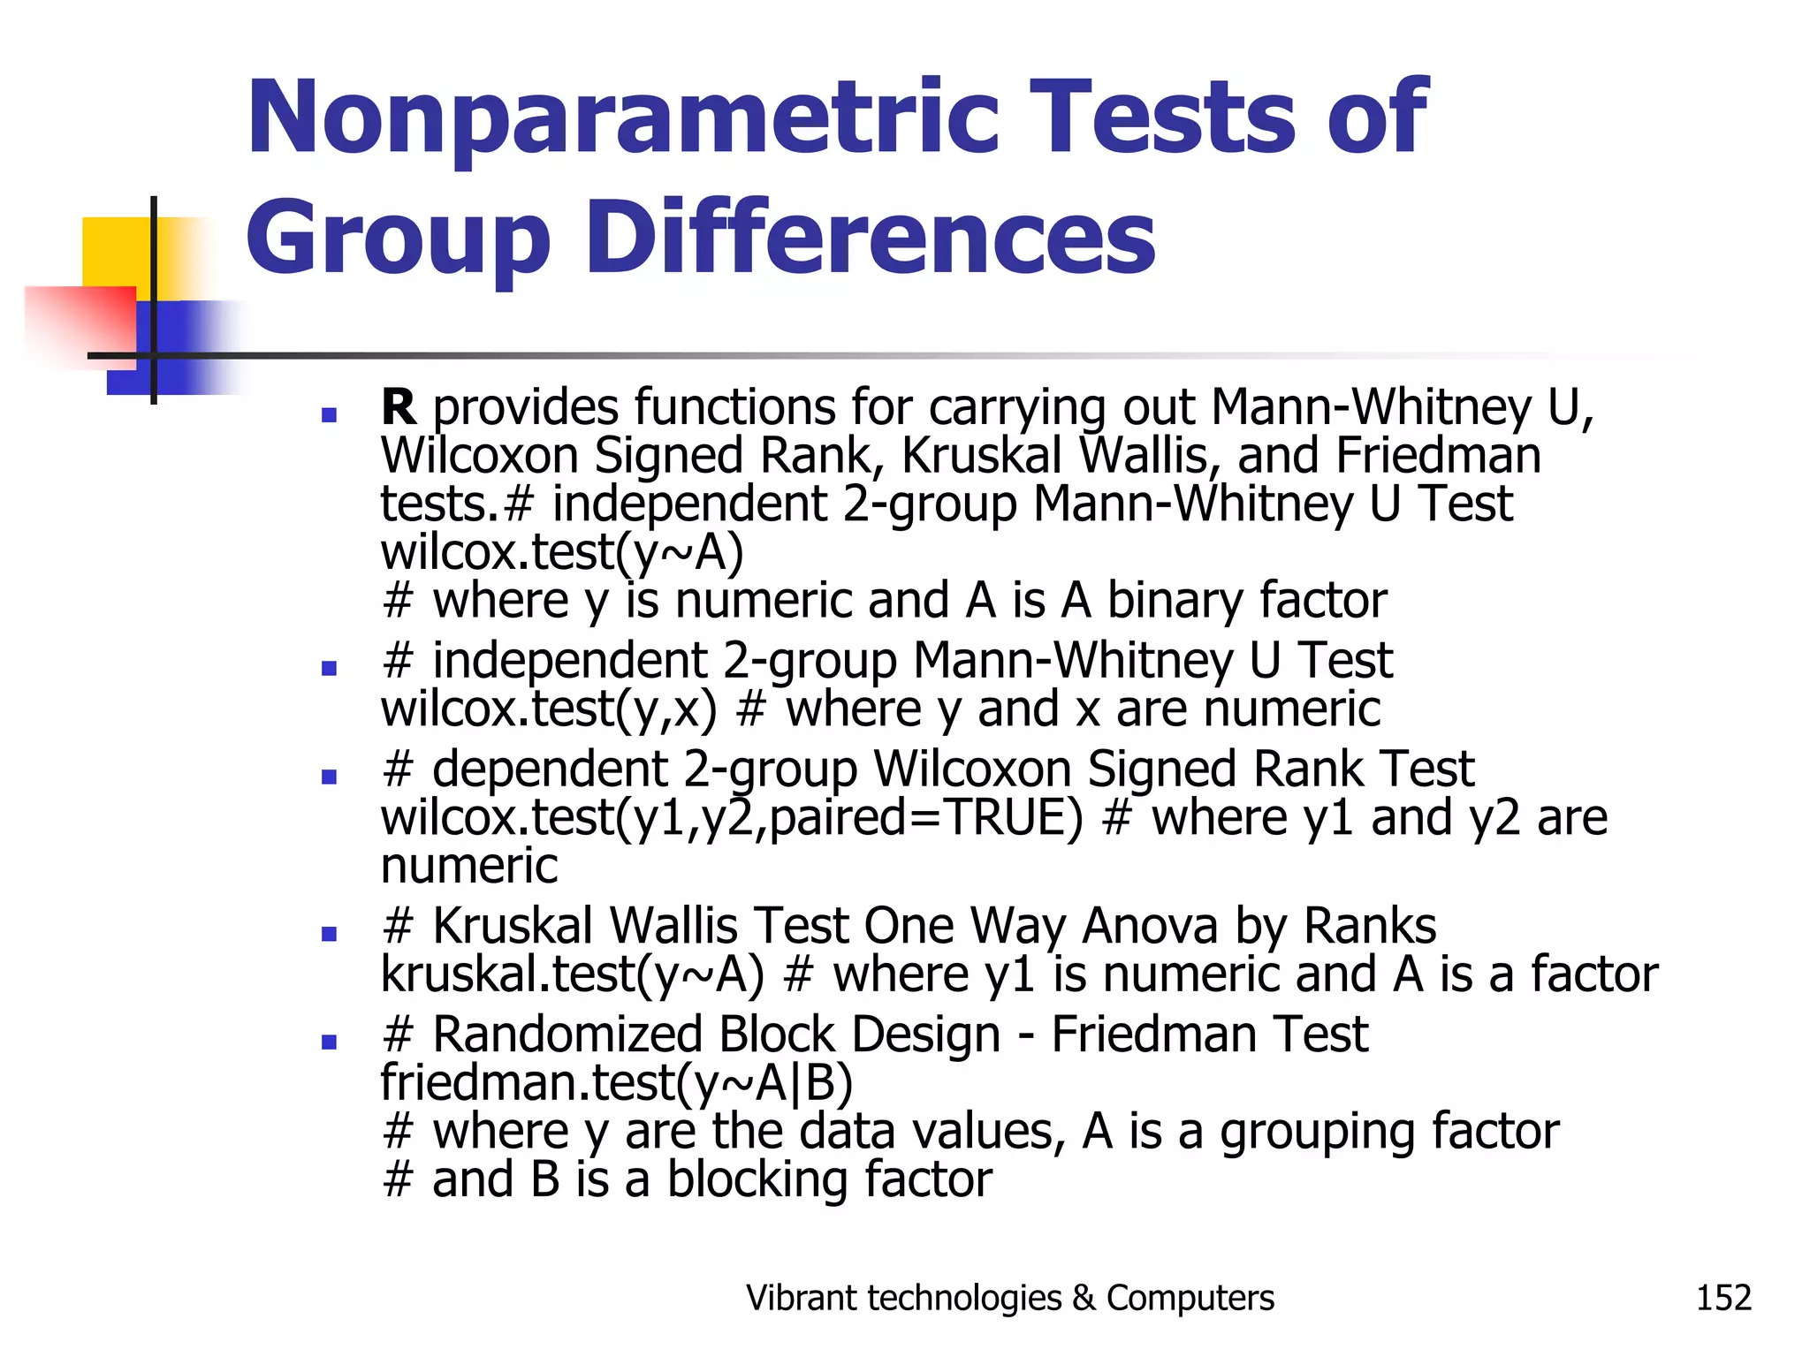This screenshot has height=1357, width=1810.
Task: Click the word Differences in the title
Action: tap(870, 237)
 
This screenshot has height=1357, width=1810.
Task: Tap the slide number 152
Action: tap(1723, 1298)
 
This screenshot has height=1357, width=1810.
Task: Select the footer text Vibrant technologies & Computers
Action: tap(1009, 1298)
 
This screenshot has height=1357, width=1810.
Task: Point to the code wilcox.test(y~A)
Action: tap(562, 552)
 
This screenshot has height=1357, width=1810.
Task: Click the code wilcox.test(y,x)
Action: tap(548, 709)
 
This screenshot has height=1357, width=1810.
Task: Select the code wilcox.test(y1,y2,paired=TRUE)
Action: tap(731, 817)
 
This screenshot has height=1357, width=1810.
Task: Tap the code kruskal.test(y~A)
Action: tap(572, 974)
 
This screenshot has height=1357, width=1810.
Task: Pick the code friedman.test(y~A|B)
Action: tap(616, 1083)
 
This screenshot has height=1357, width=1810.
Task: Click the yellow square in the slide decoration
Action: tap(115, 251)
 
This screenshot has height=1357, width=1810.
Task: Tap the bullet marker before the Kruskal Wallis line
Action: tap(330, 934)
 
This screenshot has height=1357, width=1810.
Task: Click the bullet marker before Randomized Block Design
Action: tap(330, 1042)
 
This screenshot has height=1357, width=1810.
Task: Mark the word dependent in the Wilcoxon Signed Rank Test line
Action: tap(548, 769)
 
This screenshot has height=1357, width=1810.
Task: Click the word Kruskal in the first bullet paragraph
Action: tap(981, 456)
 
